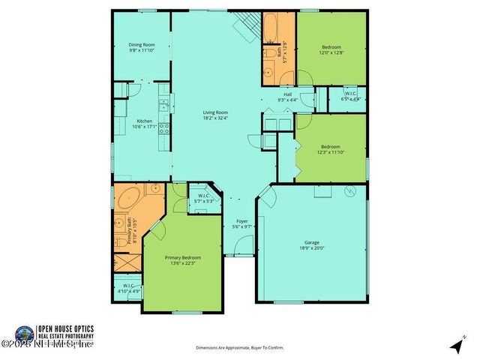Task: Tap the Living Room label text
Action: (214, 112)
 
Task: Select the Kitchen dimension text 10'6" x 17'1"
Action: (144, 126)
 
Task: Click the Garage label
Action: (312, 242)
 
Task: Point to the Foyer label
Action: (241, 221)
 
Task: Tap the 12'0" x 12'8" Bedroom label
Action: (331, 45)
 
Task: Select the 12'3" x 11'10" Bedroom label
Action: (330, 146)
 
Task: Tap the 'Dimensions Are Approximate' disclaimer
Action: (240, 348)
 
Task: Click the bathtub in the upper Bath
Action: (271, 28)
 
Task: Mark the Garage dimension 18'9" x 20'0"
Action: (312, 248)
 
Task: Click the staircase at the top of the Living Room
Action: (244, 28)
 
